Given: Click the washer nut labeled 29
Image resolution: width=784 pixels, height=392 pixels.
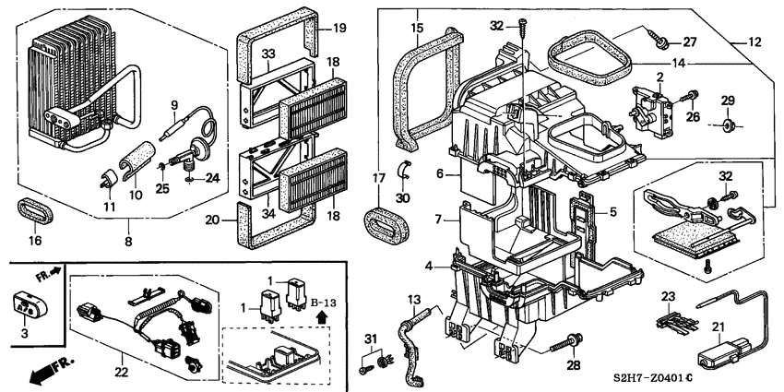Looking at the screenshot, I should click(728, 122).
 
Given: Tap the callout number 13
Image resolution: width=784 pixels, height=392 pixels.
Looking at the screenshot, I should click(414, 301).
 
